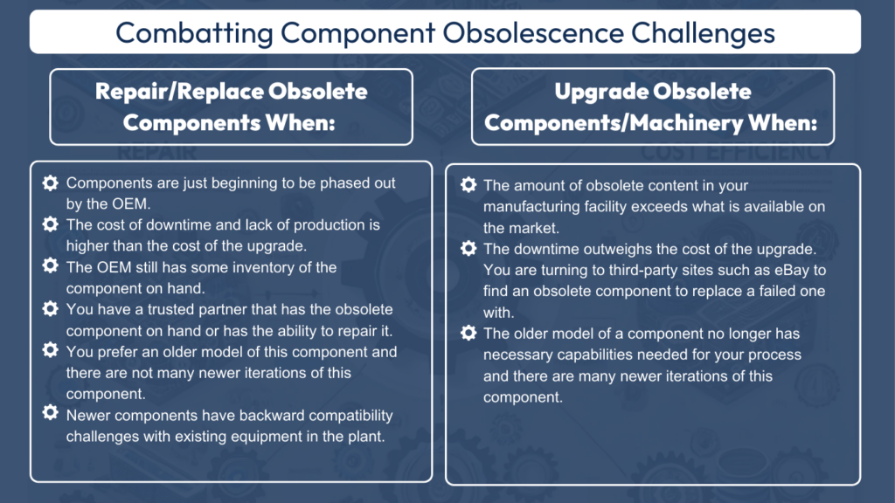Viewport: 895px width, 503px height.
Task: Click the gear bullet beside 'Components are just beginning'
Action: [x=51, y=183]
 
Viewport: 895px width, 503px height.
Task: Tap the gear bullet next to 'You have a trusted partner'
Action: [x=51, y=310]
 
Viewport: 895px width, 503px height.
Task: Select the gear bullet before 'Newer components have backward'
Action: [x=51, y=415]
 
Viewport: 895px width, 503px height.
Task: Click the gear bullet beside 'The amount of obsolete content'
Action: [x=468, y=185]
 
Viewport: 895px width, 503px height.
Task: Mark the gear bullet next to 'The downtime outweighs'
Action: [x=468, y=249]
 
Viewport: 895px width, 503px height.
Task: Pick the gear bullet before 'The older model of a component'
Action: [x=468, y=334]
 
